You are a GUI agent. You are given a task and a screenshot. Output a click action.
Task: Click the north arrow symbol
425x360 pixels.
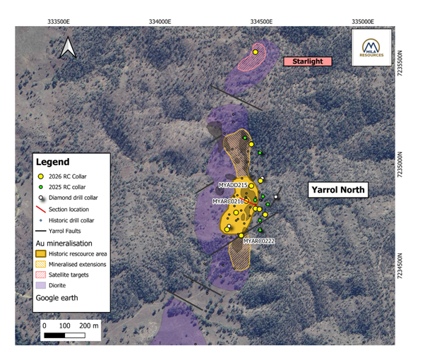(68, 47)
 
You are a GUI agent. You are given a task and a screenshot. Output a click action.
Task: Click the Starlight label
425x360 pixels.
(307, 61)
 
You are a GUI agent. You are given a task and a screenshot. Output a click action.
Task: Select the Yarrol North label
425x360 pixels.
(337, 189)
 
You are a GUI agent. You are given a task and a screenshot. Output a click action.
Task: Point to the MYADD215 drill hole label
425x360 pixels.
(233, 185)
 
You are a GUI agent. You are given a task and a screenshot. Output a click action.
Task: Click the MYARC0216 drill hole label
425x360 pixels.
(228, 201)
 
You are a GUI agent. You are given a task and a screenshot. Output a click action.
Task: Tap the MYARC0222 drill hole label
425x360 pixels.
(259, 241)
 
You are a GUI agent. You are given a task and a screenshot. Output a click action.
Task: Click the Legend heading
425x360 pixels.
(53, 162)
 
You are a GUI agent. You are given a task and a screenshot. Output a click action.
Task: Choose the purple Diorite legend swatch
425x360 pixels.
(42, 286)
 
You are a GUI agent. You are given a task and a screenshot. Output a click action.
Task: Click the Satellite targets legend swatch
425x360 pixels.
(42, 275)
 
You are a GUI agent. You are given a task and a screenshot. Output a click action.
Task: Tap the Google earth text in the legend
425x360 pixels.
(59, 298)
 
